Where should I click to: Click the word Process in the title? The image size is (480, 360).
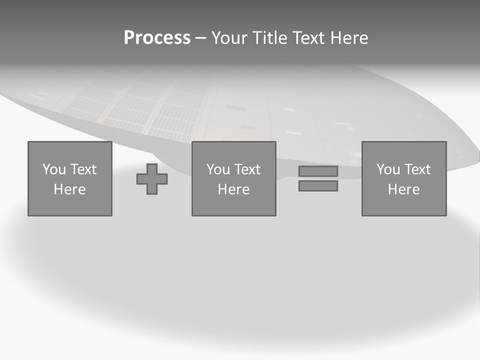[x=157, y=38]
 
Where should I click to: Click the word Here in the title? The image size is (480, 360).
[x=350, y=38]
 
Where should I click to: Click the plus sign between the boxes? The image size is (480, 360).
[x=152, y=179]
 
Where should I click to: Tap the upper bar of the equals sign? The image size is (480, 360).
[x=318, y=171]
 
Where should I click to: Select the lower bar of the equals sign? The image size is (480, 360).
[x=318, y=185]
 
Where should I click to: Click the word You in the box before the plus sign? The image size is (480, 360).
[x=54, y=169]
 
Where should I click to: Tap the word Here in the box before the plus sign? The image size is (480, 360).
[x=69, y=189]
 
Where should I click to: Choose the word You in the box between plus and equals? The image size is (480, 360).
[x=218, y=169]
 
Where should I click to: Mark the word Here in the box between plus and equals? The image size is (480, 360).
[x=233, y=189]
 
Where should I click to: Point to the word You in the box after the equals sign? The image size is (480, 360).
[x=388, y=169]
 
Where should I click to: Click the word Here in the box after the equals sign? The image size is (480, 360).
[x=403, y=189]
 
